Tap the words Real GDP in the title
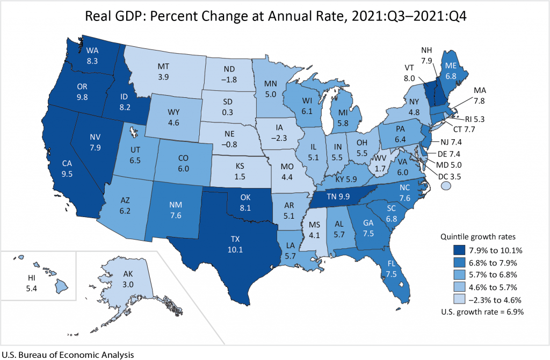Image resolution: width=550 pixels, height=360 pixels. click(111, 16)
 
